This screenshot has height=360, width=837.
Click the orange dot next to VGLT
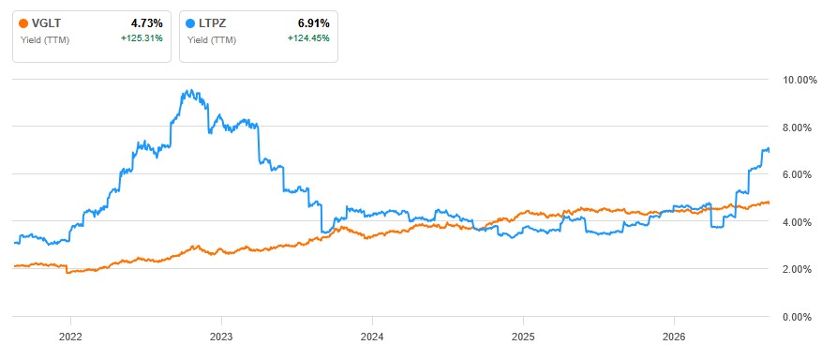pos(22,23)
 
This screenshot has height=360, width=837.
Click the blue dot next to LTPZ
pos(190,23)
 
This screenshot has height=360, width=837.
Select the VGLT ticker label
pos(44,23)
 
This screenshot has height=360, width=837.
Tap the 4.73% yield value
pos(147,23)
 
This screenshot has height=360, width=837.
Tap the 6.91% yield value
pos(314,23)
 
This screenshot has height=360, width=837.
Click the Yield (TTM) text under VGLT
pos(45,39)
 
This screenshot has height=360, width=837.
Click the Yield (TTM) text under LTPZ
pos(212,39)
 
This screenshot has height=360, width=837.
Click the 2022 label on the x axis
pos(70,337)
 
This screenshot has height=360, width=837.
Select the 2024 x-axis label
pos(372,337)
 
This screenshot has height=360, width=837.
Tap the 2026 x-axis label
pos(674,337)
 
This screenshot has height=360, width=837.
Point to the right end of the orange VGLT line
pos(769,202)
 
